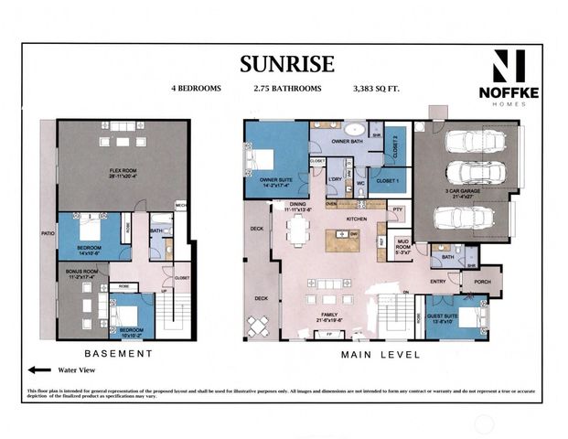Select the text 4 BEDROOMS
click(195, 90)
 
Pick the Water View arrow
click(40, 370)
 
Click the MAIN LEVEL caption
click(380, 354)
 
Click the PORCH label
click(481, 282)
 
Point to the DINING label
click(297, 205)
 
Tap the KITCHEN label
click(356, 219)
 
